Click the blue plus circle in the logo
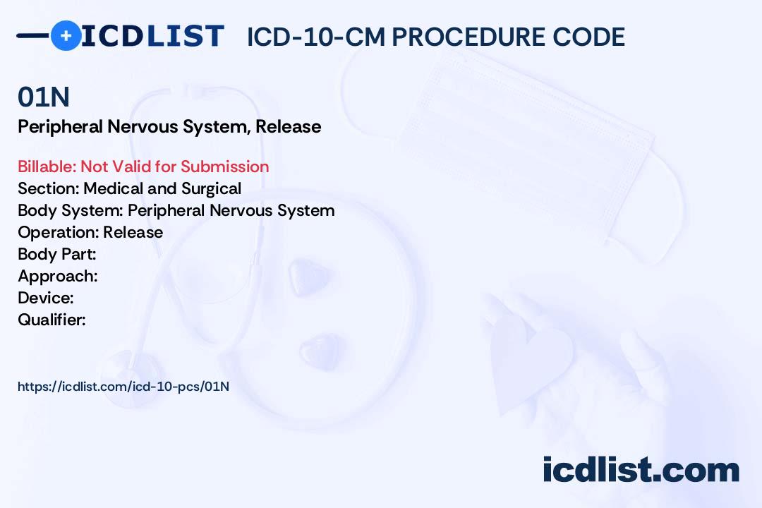coord(66,35)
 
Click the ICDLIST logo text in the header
coord(152,36)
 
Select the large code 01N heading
coord(44,97)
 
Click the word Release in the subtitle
coord(288,126)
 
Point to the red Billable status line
coord(143,167)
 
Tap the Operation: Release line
coord(90,232)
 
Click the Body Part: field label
coord(57,254)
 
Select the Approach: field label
coord(58,276)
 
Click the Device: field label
coord(46,298)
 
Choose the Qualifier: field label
coord(52,320)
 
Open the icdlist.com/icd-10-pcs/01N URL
coord(123,387)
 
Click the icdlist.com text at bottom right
coord(641,470)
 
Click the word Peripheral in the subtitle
coord(60,126)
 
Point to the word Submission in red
coord(224,167)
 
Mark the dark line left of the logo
coord(34,35)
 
